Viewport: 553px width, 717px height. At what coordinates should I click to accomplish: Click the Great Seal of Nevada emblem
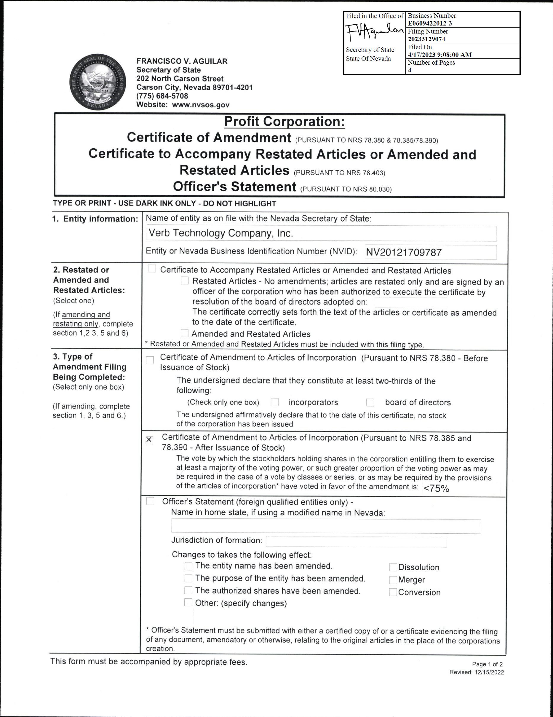click(98, 83)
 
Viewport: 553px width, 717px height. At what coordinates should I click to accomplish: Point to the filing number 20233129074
click(426, 39)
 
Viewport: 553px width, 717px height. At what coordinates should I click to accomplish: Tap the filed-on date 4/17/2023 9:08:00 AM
click(439, 55)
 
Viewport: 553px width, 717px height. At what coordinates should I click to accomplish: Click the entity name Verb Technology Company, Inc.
click(220, 233)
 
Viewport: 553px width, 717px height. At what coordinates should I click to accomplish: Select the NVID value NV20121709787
click(404, 252)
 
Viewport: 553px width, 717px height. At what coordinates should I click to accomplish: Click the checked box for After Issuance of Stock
click(149, 440)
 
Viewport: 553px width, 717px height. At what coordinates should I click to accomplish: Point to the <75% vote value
click(436, 488)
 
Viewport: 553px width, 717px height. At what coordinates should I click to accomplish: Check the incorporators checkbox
click(275, 402)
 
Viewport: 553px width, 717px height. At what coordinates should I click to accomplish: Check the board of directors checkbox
click(370, 402)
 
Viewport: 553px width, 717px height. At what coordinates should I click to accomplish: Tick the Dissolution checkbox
click(393, 567)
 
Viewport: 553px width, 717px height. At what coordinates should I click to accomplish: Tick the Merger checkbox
click(393, 580)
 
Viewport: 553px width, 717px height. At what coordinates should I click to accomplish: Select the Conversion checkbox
click(393, 592)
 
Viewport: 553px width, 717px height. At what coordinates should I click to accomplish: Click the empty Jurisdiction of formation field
click(356, 542)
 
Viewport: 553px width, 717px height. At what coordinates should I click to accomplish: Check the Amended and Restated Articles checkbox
click(185, 334)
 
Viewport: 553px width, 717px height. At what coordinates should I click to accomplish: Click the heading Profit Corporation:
click(284, 122)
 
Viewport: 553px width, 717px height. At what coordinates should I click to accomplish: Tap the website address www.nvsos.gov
click(201, 105)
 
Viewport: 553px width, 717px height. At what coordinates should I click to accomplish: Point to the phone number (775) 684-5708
click(162, 96)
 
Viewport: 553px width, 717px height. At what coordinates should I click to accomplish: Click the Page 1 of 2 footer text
click(487, 664)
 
